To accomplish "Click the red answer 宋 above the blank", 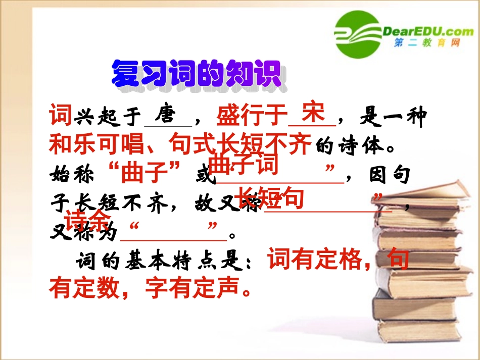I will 313,112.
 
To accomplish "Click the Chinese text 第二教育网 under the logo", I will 427,44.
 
